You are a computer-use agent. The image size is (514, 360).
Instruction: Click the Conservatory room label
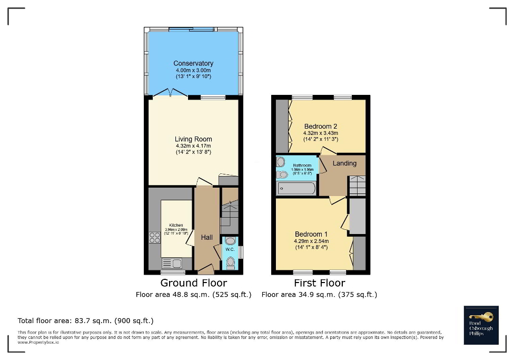click(x=193, y=64)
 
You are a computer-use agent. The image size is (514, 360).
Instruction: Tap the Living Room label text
click(x=193, y=140)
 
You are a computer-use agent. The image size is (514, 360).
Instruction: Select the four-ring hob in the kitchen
click(x=155, y=238)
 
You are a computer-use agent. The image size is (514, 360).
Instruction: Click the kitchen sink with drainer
click(x=171, y=263)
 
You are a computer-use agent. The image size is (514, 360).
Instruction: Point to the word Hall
click(x=206, y=238)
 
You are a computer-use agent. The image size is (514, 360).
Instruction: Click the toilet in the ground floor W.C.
click(x=230, y=262)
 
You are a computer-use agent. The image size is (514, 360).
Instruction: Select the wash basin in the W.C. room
click(x=231, y=241)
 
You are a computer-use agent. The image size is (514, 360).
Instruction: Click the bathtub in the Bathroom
click(x=296, y=189)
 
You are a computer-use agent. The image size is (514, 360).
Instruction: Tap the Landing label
click(x=344, y=163)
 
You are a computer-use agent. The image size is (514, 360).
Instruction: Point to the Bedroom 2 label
click(x=321, y=127)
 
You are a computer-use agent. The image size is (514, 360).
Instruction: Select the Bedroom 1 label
click(x=311, y=235)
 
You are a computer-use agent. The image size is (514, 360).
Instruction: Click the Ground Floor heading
click(x=193, y=284)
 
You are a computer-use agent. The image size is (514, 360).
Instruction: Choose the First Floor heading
click(x=319, y=284)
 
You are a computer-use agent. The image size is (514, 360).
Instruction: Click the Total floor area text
click(x=85, y=320)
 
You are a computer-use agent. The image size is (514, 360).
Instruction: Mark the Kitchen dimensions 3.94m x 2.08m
click(x=176, y=230)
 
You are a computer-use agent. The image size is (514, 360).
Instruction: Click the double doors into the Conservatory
click(x=170, y=93)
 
